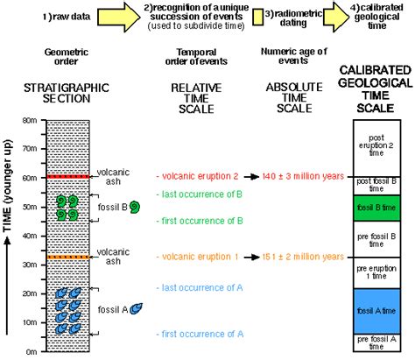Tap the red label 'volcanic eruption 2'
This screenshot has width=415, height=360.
(x=197, y=177)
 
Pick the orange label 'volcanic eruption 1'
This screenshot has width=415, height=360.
(x=197, y=258)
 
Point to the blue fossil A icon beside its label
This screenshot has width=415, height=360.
(x=137, y=308)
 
